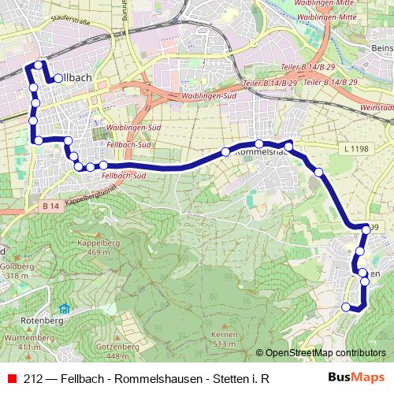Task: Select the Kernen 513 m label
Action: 224,340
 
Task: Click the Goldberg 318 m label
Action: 17,272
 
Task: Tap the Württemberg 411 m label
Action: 21,342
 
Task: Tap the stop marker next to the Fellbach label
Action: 58,79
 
